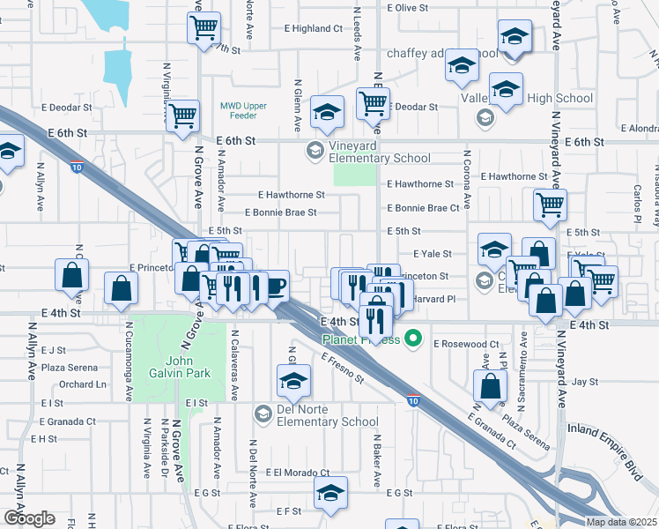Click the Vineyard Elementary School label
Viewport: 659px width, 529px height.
click(380, 152)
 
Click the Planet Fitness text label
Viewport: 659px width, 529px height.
click(361, 339)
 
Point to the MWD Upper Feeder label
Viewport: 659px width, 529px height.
click(238, 110)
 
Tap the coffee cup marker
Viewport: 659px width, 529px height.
click(276, 287)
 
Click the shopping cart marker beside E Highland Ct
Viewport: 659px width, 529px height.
click(204, 28)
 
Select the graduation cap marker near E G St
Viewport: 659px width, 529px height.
click(330, 493)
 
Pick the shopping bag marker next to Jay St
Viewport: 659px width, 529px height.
click(489, 385)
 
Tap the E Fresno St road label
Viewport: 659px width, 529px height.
click(343, 369)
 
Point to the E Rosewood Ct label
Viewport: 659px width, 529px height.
click(466, 343)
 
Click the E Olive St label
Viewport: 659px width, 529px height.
click(407, 7)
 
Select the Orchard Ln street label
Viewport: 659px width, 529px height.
click(83, 384)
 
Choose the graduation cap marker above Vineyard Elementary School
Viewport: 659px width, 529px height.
click(327, 112)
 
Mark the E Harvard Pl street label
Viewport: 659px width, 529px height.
click(434, 299)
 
